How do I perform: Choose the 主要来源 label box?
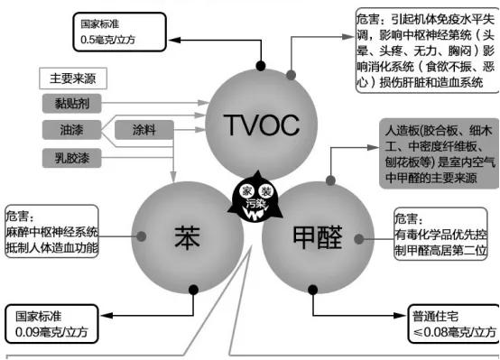click(x=73, y=79)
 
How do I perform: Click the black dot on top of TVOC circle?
click(x=261, y=66)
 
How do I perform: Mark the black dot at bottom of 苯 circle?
click(x=192, y=289)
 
